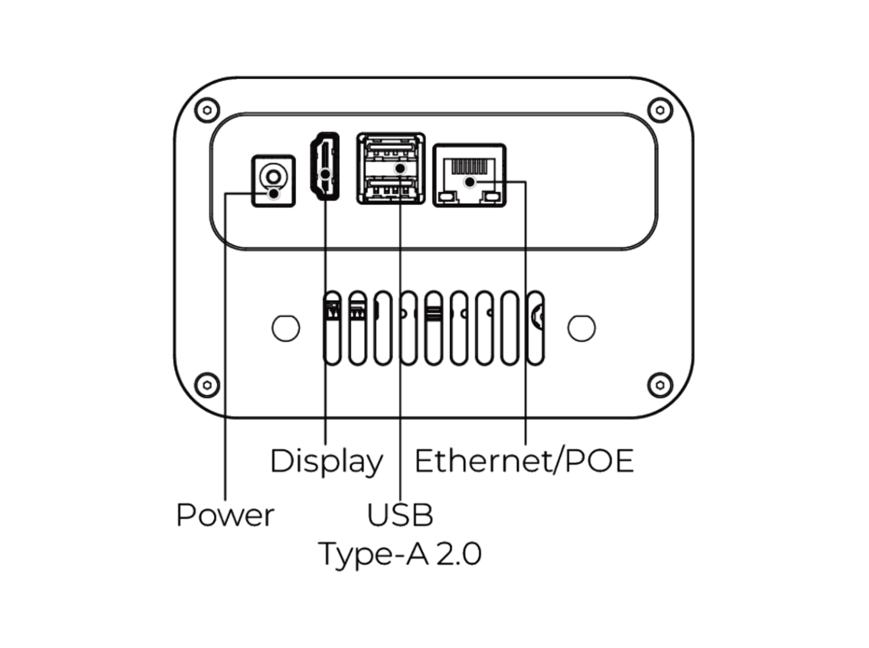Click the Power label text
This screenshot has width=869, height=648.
[225, 515]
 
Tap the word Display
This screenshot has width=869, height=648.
[326, 461]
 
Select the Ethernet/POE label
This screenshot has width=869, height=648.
[524, 461]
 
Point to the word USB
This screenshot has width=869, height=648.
[400, 515]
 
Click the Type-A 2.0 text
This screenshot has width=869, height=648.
[400, 553]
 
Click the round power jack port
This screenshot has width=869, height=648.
[273, 176]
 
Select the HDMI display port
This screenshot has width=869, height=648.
[325, 166]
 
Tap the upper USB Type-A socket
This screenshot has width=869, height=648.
[391, 150]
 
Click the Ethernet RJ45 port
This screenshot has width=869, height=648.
[469, 175]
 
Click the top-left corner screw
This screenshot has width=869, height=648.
[207, 109]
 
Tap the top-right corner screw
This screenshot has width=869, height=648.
[660, 109]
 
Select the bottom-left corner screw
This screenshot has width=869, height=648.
[207, 385]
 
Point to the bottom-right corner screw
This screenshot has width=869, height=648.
[660, 385]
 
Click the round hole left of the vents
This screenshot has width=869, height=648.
[286, 328]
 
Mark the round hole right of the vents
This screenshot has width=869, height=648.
[581, 328]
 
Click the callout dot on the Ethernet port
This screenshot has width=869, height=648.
[469, 182]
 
